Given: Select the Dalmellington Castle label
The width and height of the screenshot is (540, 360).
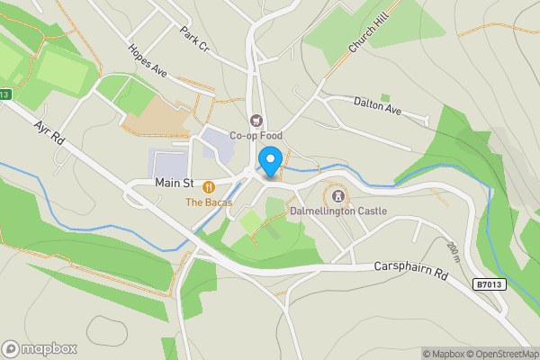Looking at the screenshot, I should tap(338, 211).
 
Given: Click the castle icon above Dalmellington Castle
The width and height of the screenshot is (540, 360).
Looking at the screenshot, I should tap(338, 194).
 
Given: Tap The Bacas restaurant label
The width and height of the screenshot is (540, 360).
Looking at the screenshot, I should tap(209, 202).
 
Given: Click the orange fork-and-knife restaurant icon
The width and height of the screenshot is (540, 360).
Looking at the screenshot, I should tap(209, 186).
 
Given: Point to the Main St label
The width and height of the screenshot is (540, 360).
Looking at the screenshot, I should tap(175, 183).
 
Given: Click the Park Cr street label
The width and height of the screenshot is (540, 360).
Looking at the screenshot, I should tap(194, 38).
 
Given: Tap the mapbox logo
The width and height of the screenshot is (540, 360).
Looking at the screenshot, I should tap(40, 348).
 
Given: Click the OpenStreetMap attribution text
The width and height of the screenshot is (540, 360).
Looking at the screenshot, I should tap(500, 354).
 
